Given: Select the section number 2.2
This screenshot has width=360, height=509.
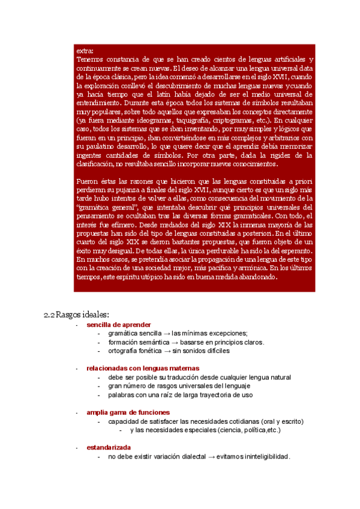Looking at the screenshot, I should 50,315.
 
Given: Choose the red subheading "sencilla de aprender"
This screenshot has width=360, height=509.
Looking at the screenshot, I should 119,325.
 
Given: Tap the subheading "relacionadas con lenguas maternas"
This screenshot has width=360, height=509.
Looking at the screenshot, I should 143,368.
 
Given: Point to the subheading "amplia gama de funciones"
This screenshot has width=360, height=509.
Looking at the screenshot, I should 128,412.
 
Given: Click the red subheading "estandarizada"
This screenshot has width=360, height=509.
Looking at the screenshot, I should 109,448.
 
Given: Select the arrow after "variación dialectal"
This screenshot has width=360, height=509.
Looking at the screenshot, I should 211,457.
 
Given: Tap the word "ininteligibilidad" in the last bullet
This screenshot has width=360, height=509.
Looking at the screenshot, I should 262,457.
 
